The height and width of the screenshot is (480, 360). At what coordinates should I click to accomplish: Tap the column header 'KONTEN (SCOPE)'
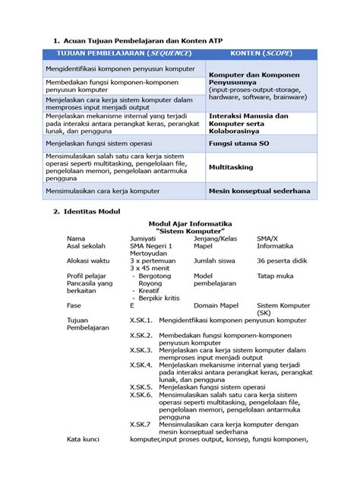[x=260, y=54]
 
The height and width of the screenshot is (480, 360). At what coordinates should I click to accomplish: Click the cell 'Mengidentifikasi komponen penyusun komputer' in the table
[x=121, y=68]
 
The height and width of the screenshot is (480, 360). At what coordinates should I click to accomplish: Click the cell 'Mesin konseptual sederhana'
[x=259, y=191]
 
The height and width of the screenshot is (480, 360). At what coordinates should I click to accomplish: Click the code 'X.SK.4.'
[x=141, y=365]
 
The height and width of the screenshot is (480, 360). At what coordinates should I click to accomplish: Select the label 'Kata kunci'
[x=83, y=439]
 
